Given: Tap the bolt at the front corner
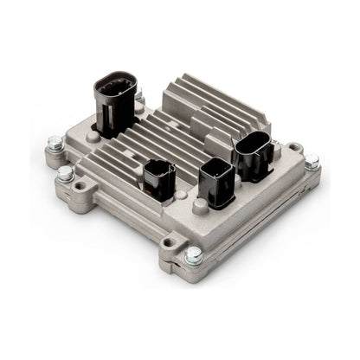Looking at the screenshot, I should point(194,256).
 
